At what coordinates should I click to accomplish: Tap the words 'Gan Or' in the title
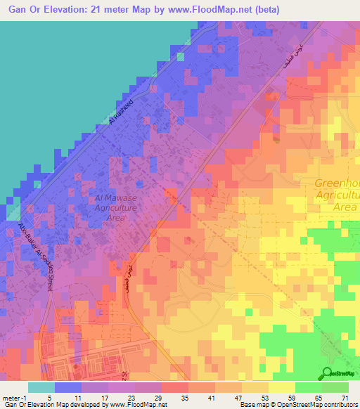pyautogui.click(x=21, y=9)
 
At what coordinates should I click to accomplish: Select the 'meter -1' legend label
pyautogui.click(x=15, y=397)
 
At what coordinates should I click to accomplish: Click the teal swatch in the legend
pyautogui.click(x=41, y=387)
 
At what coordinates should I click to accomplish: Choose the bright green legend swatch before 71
pyautogui.click(x=335, y=387)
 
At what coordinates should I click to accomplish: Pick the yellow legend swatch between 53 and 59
pyautogui.click(x=282, y=387)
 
